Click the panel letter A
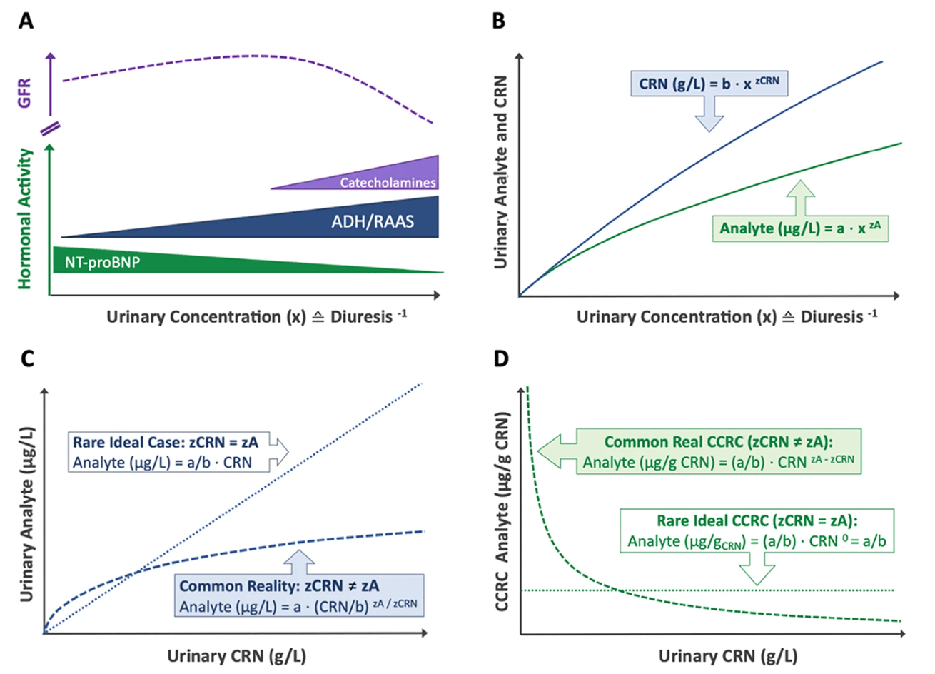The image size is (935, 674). point(26,21)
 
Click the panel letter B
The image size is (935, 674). point(499,21)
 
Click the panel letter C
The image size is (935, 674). point(26,358)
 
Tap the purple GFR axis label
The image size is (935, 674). point(25,94)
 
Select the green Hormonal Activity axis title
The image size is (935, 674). point(25,218)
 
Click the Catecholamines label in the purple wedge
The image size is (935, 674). point(387,182)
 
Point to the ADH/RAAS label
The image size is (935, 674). point(372,221)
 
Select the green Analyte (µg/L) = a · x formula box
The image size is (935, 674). point(799,229)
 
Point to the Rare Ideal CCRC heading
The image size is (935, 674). point(757,521)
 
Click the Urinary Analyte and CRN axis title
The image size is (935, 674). point(500,172)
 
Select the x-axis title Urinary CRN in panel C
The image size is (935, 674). point(236,655)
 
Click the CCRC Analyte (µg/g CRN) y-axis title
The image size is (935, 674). point(502,511)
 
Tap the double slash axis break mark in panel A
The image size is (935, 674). point(50,129)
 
